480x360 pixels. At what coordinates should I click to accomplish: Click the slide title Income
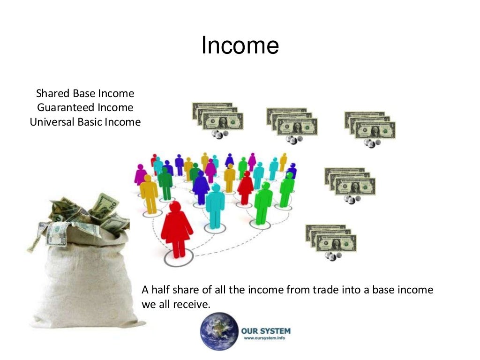240,46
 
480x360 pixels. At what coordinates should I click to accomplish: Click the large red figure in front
176,230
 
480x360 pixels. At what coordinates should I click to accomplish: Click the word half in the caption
162,290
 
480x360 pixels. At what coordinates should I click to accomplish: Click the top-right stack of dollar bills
370,125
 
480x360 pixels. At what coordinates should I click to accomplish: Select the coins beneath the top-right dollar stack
374,143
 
